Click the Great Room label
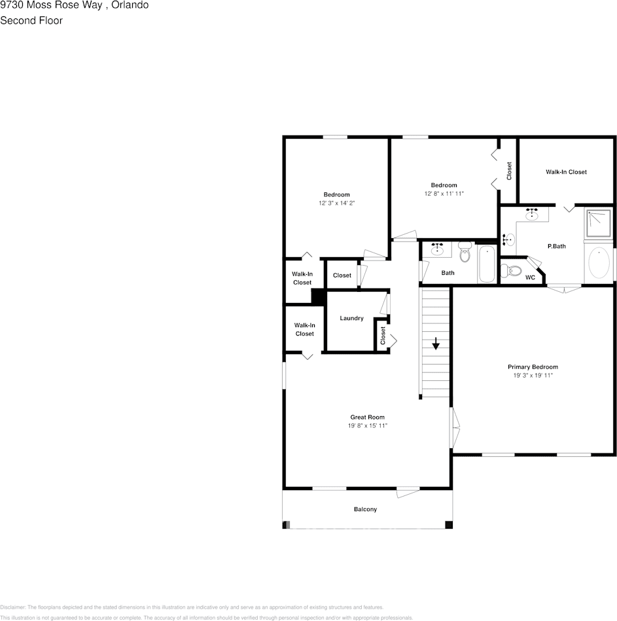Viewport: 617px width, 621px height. (x=367, y=417)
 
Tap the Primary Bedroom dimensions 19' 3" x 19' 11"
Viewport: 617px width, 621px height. (x=533, y=376)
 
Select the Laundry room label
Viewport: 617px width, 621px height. (x=351, y=319)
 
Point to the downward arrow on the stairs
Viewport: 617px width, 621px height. (x=436, y=344)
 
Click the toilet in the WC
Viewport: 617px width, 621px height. (x=512, y=270)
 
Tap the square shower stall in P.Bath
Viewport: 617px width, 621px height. (x=597, y=223)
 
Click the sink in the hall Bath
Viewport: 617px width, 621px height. (x=437, y=249)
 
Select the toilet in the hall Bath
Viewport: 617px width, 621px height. (x=465, y=251)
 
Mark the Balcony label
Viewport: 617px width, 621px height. (x=365, y=509)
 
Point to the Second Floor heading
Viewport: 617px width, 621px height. (x=31, y=20)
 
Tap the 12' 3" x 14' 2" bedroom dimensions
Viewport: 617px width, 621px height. (x=336, y=204)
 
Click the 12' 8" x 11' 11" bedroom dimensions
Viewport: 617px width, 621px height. (x=444, y=194)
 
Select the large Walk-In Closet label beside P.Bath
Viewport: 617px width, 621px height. (x=566, y=172)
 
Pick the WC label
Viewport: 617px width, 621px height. (x=530, y=277)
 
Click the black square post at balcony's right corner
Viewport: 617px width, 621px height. (x=448, y=524)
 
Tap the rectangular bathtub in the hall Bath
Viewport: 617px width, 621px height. (x=487, y=263)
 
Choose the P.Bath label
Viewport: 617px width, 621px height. (x=556, y=246)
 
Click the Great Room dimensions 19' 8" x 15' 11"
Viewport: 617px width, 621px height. (x=367, y=426)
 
